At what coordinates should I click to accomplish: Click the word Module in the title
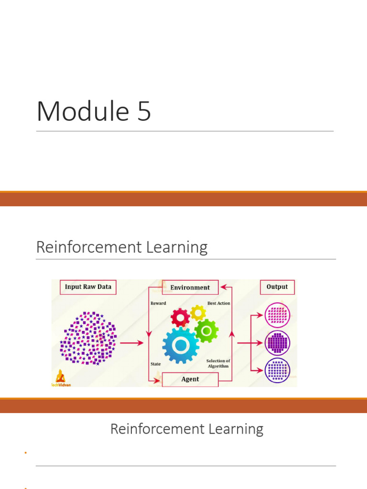82,111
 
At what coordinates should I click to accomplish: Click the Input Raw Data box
88,287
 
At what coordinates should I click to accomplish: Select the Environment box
190,287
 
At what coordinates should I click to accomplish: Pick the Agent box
190,379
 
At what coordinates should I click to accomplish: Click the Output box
277,287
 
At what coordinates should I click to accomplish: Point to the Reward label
158,303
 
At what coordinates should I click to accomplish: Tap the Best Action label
218,303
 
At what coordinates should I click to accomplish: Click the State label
155,364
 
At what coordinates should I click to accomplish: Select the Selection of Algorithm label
218,363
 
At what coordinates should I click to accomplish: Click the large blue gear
180,345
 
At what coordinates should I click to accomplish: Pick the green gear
206,330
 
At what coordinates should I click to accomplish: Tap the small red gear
181,317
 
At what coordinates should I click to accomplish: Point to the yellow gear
197,313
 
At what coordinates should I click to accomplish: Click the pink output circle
277,315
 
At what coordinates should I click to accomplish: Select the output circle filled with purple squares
277,342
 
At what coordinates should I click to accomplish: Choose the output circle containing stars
277,370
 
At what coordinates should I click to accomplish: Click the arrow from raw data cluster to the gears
131,342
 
